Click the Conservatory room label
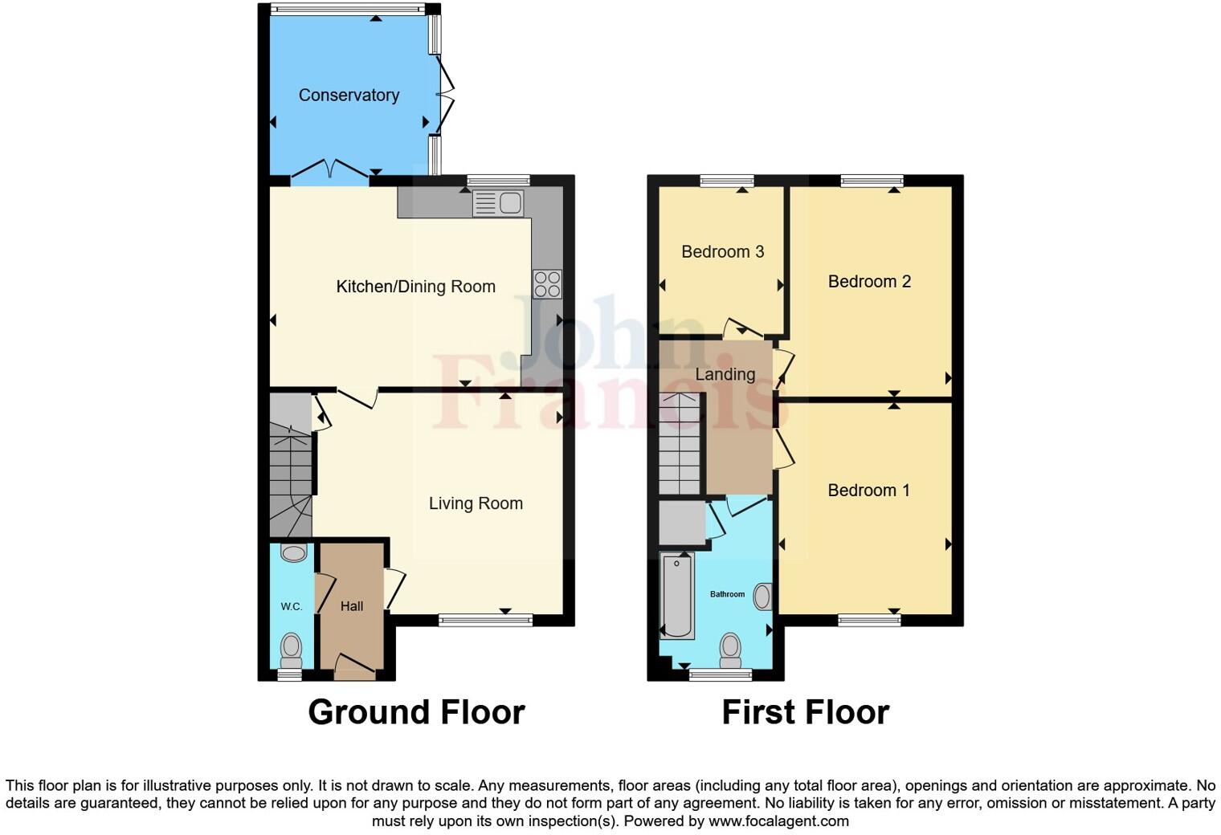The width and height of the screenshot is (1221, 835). pos(349,95)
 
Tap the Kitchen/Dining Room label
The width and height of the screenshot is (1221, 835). pos(415,287)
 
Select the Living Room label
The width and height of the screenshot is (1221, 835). pos(476,503)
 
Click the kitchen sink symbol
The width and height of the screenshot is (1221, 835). pos(499,203)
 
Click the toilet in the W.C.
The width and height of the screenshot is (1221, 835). pos(291,648)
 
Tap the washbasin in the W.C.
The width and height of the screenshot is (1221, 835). pos(294,552)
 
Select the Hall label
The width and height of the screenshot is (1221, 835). pos(352,606)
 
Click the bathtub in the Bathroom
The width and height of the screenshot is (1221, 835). pos(678,595)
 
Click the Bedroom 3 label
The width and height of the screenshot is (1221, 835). pos(722,252)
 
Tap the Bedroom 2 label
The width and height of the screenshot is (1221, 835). pos(869,281)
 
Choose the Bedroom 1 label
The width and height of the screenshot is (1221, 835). pos(869,491)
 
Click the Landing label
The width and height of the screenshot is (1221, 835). pos(725,374)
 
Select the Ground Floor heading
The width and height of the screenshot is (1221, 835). pos(416,712)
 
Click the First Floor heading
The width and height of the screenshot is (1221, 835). pos(806,712)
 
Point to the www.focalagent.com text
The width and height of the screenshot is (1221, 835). pos(778,821)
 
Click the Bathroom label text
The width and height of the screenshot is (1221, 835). pos(727,594)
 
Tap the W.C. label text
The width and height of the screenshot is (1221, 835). pos(292,606)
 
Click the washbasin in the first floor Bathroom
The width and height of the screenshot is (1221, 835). pos(763,597)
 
